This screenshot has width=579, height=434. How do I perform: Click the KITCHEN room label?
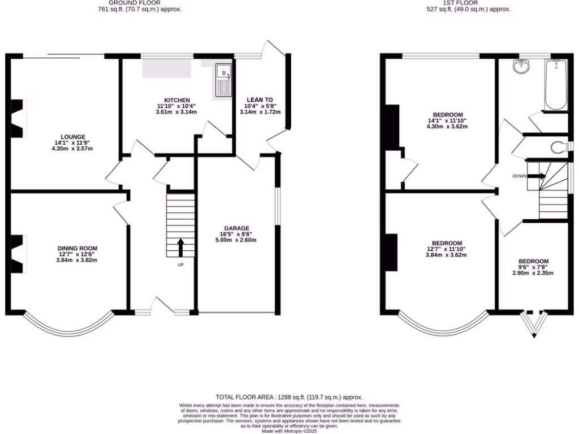click(177, 100)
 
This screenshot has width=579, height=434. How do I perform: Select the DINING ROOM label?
click(77, 248)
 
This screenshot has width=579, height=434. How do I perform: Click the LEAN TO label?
click(260, 100)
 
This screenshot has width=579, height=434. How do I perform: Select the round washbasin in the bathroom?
click(521, 67)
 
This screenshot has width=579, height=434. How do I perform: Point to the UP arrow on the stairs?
click(180, 247)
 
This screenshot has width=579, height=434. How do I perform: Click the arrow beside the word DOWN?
click(538, 176)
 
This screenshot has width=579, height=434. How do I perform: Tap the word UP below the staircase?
click(180, 264)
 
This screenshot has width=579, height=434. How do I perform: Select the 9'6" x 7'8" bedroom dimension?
click(533, 267)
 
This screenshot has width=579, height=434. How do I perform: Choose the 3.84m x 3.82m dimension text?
click(77, 260)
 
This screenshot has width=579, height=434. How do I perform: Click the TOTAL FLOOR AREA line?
click(289, 397)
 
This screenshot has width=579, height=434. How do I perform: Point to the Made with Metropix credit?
click(289, 431)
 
